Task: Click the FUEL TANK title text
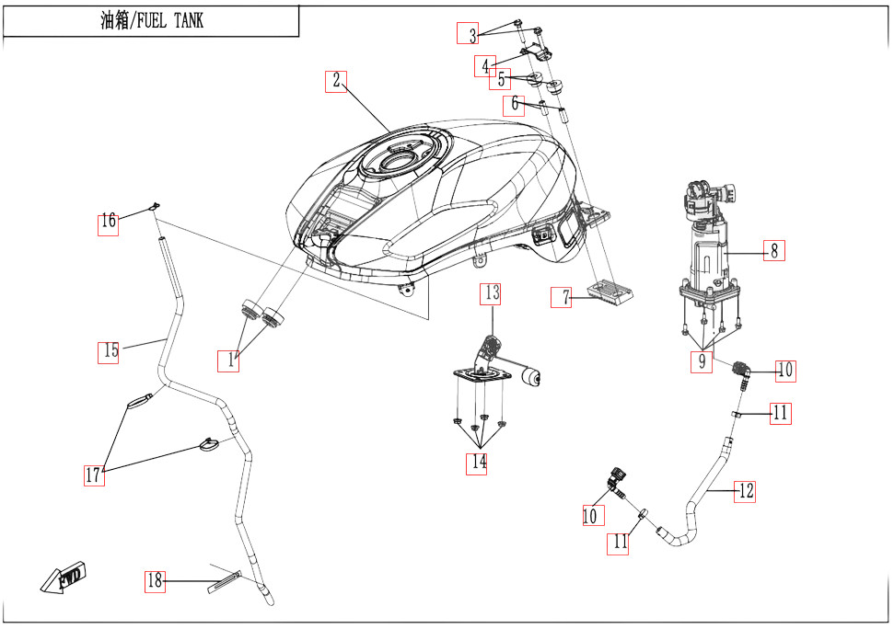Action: (x=151, y=22)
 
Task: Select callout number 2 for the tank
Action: (x=337, y=80)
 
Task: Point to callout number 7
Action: (x=563, y=297)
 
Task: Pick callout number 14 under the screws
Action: (x=477, y=463)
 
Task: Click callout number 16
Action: (x=109, y=222)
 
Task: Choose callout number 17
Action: (x=93, y=475)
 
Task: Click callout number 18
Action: (x=155, y=581)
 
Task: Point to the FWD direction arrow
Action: (x=63, y=578)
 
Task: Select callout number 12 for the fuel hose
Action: (x=745, y=491)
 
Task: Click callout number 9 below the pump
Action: (x=702, y=362)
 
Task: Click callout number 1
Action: (x=231, y=361)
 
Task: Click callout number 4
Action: (x=485, y=66)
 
